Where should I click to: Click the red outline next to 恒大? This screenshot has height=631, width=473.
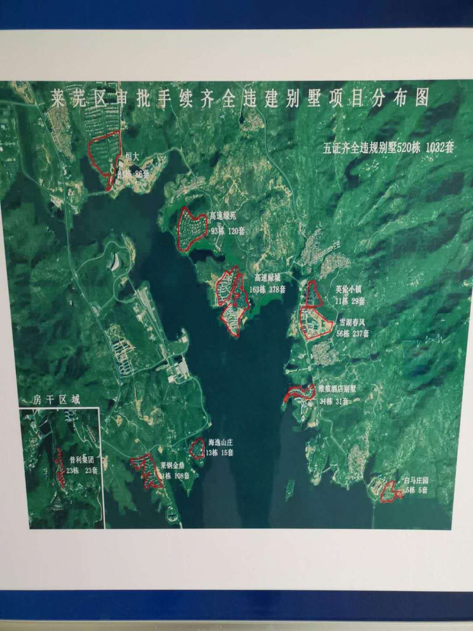point(105,153)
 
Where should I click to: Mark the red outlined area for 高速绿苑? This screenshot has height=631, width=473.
point(192,228)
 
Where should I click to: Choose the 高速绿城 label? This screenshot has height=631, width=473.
point(268,277)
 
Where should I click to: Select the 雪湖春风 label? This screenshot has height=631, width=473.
point(353,321)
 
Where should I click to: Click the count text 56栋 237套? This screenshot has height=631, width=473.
point(353,332)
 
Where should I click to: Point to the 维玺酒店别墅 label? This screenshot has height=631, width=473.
point(339,389)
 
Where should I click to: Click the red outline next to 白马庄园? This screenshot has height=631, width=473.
point(391,492)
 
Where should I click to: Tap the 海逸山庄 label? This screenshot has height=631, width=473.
point(221,442)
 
